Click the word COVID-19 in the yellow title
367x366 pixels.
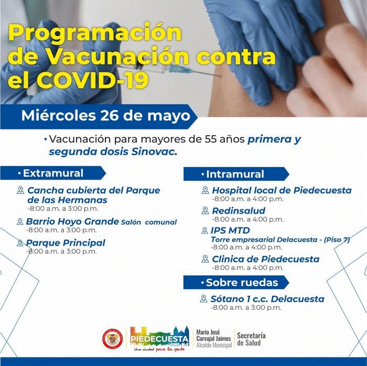pyautogui.click(x=93, y=81)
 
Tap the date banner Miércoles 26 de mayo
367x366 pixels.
pyautogui.click(x=105, y=116)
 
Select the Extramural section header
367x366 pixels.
pyautogui.click(x=53, y=173)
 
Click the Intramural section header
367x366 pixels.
pyautogui.click(x=236, y=174)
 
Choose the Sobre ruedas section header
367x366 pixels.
pyautogui.click(x=236, y=283)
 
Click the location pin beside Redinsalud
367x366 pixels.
pyautogui.click(x=206, y=210)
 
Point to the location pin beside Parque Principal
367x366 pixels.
pyautogui.click(x=20, y=243)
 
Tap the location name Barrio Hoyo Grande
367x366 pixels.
pyautogui.click(x=72, y=221)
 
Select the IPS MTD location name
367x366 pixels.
pyautogui.click(x=230, y=230)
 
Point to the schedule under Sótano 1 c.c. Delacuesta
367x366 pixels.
pyautogui.click(x=246, y=307)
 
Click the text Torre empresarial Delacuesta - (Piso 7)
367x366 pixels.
pyautogui.click(x=280, y=240)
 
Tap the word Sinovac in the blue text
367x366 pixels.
pyautogui.click(x=154, y=152)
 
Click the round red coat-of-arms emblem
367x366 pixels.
pyautogui.click(x=113, y=339)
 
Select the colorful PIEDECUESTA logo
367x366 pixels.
pyautogui.click(x=159, y=338)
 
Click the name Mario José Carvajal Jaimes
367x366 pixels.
pyautogui.click(x=214, y=335)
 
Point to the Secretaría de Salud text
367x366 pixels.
pyautogui.click(x=251, y=339)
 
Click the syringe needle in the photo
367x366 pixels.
pyautogui.click(x=206, y=73)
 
